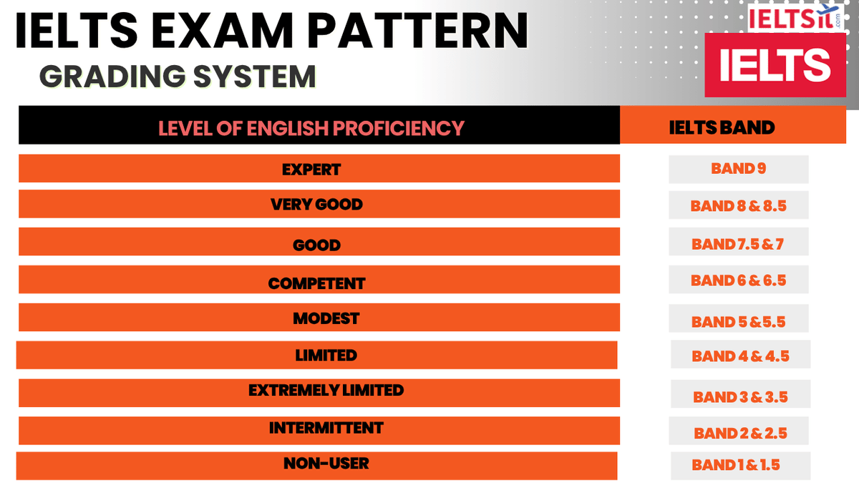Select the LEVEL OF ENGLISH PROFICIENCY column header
(x=311, y=128)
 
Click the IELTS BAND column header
(x=722, y=128)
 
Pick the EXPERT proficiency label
(x=311, y=170)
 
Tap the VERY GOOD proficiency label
(x=316, y=205)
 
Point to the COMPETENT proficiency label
(x=316, y=283)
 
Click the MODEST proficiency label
(x=326, y=318)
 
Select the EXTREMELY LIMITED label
(x=326, y=391)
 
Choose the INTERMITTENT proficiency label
(x=326, y=429)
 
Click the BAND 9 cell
(x=738, y=169)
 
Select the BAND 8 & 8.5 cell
(x=738, y=206)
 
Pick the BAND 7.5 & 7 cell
(x=738, y=244)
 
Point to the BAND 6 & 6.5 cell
(x=738, y=280)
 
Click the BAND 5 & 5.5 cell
(x=738, y=322)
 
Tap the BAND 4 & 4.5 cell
(x=740, y=356)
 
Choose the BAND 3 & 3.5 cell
(x=740, y=396)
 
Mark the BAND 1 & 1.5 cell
(x=736, y=465)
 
